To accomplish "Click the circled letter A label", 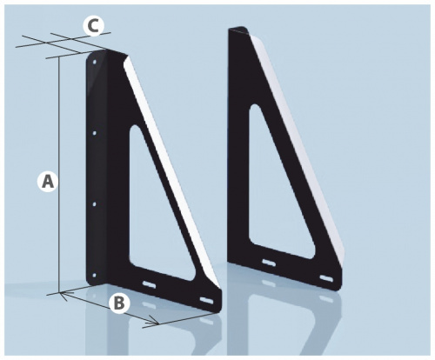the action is click(x=48, y=182).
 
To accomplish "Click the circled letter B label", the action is click(x=118, y=303).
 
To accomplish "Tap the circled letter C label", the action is click(x=93, y=26).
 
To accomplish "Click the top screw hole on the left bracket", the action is click(x=95, y=62).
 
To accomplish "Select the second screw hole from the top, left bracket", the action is click(x=94, y=133).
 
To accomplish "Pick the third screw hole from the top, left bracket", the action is click(x=94, y=204).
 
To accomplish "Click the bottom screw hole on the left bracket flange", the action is click(x=94, y=276).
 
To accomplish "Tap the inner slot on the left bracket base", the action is click(x=149, y=284).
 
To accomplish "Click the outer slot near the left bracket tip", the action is click(x=206, y=300).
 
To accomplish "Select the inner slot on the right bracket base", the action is click(x=270, y=263).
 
